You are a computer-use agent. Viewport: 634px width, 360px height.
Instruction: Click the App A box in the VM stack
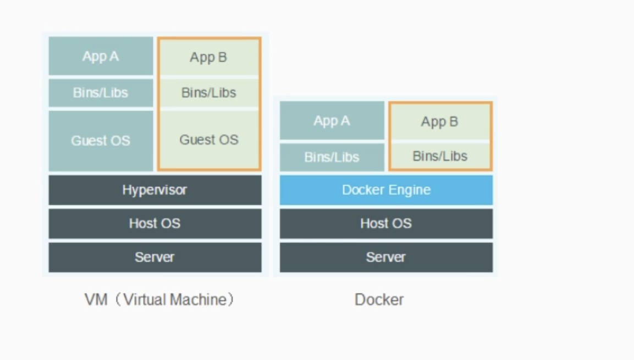(x=101, y=56)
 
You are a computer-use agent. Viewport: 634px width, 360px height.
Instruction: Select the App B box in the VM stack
(x=208, y=57)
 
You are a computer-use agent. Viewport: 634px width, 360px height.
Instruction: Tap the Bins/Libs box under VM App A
(x=101, y=93)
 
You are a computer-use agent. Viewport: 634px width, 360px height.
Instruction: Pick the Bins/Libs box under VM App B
(x=208, y=93)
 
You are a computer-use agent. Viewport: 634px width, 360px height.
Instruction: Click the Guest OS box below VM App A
(x=101, y=141)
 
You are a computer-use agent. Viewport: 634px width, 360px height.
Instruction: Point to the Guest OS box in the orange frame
(x=208, y=140)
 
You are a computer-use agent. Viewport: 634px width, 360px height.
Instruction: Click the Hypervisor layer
(x=155, y=190)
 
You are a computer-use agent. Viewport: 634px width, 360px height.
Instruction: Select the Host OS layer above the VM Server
(x=155, y=224)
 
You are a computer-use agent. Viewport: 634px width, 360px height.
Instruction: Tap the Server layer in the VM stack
(x=155, y=257)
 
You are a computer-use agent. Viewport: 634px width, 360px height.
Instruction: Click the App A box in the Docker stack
(x=332, y=121)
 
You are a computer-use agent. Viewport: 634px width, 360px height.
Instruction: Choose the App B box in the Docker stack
(x=439, y=121)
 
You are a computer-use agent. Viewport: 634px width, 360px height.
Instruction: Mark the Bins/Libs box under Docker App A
(x=332, y=157)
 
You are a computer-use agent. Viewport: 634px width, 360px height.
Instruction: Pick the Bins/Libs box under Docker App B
(x=439, y=156)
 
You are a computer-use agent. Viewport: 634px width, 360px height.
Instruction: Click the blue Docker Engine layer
(x=386, y=190)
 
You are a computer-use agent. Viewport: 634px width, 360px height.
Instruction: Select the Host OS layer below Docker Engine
(x=386, y=224)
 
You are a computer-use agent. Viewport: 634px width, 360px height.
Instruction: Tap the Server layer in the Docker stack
(x=386, y=257)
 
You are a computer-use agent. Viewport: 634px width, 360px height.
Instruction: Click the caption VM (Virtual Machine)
(x=159, y=300)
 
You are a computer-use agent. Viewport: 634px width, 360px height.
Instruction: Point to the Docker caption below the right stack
(x=379, y=300)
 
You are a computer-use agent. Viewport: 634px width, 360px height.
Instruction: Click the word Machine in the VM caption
(x=198, y=300)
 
